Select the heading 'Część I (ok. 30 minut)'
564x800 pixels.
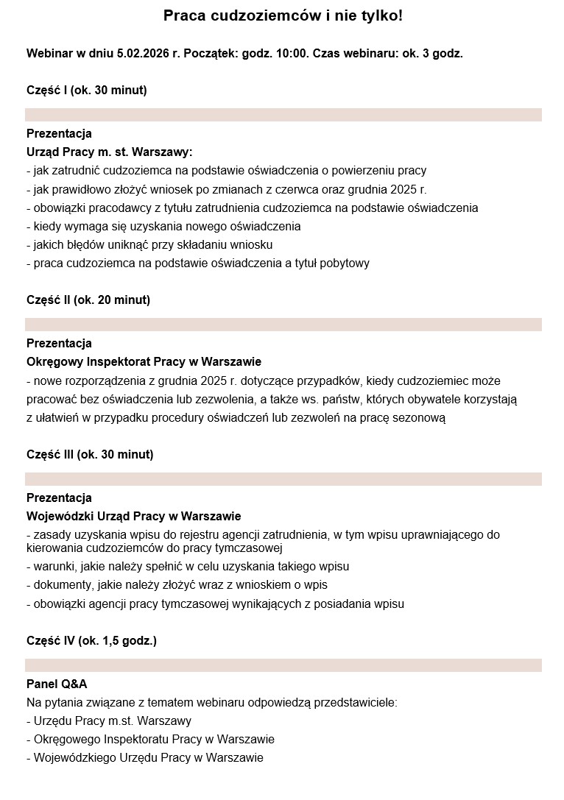click(86, 91)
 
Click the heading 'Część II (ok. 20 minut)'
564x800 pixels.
click(88, 300)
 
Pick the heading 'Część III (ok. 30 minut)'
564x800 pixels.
click(90, 454)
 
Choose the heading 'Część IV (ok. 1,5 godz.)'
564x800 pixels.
click(91, 641)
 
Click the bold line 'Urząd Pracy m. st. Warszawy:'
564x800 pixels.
click(109, 152)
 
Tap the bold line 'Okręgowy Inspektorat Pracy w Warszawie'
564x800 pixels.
click(144, 362)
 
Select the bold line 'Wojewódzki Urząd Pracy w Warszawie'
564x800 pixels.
click(133, 516)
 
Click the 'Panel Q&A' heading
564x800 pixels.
click(57, 684)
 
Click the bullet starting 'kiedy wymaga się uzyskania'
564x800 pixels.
click(163, 226)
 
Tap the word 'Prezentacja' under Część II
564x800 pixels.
click(59, 344)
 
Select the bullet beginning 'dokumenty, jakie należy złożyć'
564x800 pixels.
click(176, 585)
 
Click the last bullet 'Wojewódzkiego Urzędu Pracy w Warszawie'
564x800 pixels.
click(144, 757)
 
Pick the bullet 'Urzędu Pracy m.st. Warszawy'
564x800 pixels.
click(108, 721)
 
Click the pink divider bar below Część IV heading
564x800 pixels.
click(283, 665)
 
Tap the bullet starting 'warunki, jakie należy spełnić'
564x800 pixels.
click(187, 567)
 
